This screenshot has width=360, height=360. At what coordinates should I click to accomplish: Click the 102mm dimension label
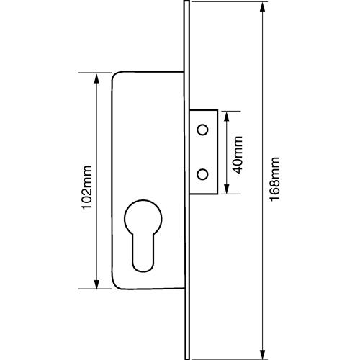tap(87, 188)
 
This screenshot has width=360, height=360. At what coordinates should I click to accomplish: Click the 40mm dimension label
tap(238, 155)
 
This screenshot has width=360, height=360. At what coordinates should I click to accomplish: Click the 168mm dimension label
tap(274, 179)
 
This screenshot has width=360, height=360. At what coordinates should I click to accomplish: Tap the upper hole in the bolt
tap(202, 130)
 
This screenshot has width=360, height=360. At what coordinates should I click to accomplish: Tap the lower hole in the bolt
tap(202, 174)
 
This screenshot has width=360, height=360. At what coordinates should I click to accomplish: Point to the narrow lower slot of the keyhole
tap(143, 253)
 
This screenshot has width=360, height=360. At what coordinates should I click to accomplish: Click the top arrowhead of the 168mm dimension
tap(263, 7)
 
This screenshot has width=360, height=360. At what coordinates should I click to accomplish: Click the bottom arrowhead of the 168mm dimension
tap(263, 354)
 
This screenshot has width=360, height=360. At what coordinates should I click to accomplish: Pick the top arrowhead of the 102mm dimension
tap(96, 78)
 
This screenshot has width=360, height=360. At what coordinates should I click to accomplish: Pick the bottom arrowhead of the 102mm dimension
tap(96, 284)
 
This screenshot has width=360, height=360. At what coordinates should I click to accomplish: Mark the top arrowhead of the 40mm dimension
tap(227, 117)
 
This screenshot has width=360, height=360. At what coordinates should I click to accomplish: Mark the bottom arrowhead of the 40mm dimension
tap(227, 189)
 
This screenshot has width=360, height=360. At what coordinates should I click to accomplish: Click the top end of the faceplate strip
tap(187, 1)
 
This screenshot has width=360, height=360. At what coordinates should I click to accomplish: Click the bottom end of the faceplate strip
tap(187, 359)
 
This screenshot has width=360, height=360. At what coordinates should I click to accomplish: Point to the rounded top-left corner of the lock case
tap(114, 74)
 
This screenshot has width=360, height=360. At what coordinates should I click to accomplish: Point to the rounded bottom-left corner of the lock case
tap(115, 286)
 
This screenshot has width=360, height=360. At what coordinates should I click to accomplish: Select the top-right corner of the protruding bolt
tap(217, 110)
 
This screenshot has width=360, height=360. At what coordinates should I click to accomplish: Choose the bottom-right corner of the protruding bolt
tap(217, 194)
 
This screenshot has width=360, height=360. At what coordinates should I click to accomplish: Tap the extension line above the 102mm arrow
tap(95, 73)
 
